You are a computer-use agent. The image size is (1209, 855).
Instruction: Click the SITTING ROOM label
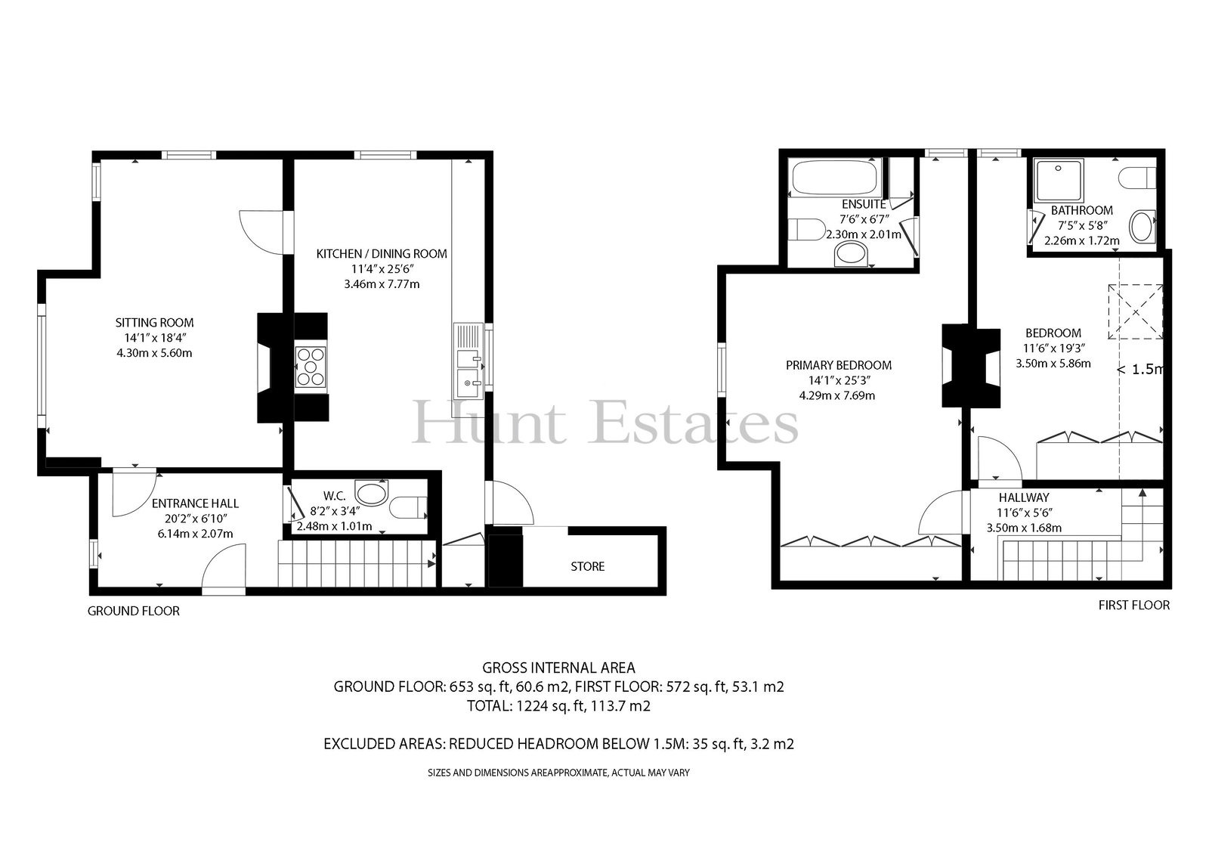point(154,323)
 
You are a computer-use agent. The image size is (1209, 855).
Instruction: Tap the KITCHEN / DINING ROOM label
point(382,254)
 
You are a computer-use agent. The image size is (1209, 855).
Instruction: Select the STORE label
point(588,566)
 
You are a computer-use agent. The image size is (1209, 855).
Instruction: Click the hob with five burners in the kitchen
point(311,367)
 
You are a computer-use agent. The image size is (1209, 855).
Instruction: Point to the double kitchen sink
point(468,374)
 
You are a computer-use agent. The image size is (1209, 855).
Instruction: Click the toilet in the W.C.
point(409,507)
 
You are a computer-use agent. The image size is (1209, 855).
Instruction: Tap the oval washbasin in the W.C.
point(371,494)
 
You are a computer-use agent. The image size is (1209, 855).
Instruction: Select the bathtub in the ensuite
point(834,178)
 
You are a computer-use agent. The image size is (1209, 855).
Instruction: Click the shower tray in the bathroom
point(1058,180)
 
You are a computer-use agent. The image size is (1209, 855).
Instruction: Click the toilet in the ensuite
point(806,230)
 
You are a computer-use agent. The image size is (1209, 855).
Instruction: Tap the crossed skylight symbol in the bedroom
point(1135,312)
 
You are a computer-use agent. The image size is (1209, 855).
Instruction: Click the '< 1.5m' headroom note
point(1139,370)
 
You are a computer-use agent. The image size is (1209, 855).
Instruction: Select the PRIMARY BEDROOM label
point(838,366)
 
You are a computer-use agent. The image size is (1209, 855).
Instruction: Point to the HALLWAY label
point(1024,497)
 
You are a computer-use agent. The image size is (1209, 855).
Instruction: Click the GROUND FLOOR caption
point(133,611)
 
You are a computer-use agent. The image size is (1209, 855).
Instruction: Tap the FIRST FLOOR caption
point(1134,606)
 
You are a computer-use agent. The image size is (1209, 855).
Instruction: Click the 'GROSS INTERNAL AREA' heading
point(558,668)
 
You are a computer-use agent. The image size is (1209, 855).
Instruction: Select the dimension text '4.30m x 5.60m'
point(154,353)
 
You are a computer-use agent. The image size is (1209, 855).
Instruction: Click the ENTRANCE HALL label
point(195,503)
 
